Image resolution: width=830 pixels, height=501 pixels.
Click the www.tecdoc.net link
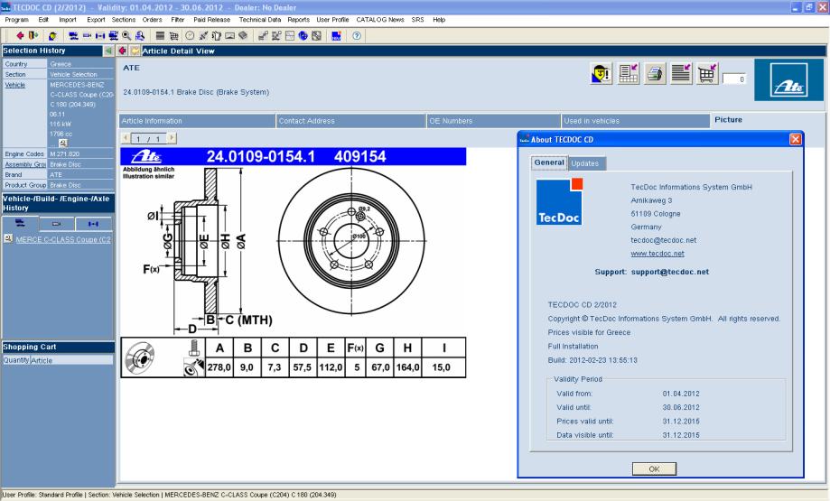point(655,254)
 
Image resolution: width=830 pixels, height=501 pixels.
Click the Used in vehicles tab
point(592,120)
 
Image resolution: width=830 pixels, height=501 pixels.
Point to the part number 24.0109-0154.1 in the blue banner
point(264,157)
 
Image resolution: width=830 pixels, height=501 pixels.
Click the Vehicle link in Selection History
point(15,85)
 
